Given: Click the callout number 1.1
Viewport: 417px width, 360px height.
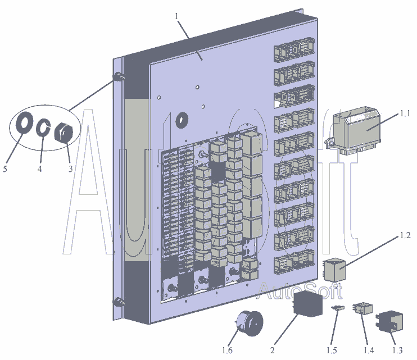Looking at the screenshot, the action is [x=405, y=113].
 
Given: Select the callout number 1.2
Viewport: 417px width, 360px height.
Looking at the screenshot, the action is [x=405, y=235].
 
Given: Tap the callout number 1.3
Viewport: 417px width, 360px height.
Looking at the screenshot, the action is [x=397, y=350].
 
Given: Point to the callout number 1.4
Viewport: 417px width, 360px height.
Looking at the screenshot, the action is [x=369, y=350].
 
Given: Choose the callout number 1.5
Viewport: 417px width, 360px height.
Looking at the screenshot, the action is [x=332, y=350].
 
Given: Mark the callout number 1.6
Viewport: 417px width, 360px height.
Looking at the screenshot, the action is [x=227, y=350].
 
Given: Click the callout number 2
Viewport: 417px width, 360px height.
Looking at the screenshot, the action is [x=273, y=350].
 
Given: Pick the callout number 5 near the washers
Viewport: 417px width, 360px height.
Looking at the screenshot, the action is [x=5, y=168].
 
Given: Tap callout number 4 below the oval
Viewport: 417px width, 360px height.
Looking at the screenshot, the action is [x=40, y=168].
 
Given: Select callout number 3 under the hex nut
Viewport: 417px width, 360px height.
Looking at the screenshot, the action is [x=70, y=168].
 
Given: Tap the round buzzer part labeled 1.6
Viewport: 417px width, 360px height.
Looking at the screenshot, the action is [x=249, y=323].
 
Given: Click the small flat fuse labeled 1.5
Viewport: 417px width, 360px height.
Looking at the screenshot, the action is [x=338, y=308].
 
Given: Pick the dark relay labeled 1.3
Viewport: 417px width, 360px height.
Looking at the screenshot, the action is [x=390, y=322].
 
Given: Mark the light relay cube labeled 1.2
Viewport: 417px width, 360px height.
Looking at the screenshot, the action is [x=334, y=270].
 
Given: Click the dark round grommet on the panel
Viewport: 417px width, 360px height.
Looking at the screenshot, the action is [x=182, y=120].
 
